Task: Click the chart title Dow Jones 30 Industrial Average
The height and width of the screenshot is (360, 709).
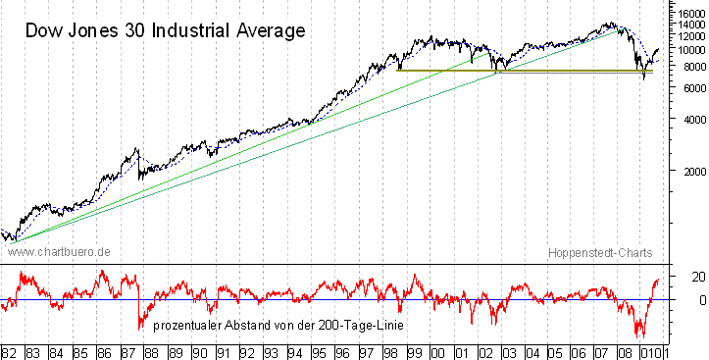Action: (165, 30)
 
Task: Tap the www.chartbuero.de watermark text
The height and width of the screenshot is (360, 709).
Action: (58, 252)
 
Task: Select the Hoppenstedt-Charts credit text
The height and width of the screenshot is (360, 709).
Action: (596, 252)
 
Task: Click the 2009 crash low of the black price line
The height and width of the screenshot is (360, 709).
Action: (644, 78)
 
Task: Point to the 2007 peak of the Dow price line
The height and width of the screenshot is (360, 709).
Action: (615, 23)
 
